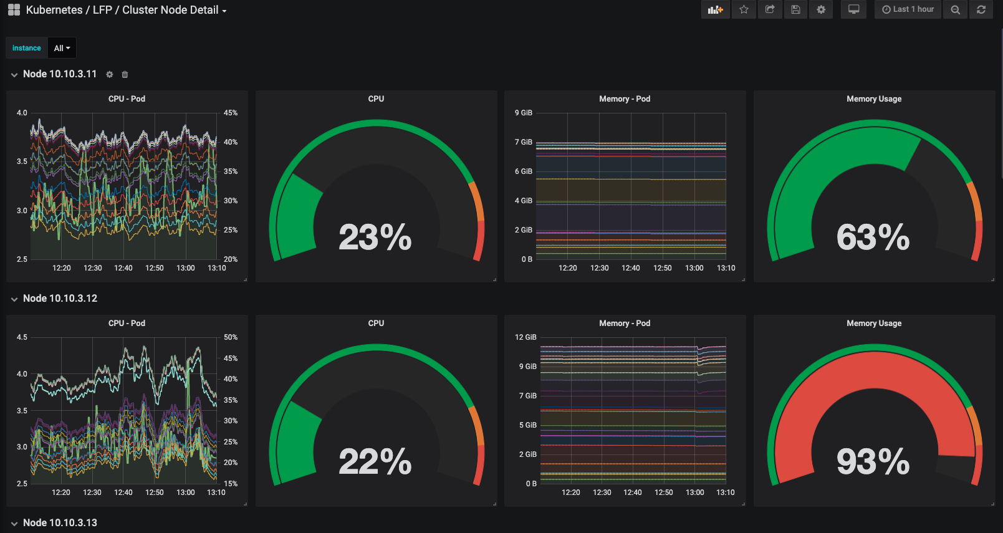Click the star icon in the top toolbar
click(x=744, y=9)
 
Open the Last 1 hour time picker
click(x=908, y=9)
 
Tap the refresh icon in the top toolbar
click(x=981, y=9)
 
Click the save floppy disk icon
click(x=795, y=9)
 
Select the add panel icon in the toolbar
click(x=715, y=9)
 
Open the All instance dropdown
click(x=62, y=48)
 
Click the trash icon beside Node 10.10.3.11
click(x=125, y=74)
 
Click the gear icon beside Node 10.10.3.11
click(x=109, y=74)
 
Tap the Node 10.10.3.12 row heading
click(x=60, y=299)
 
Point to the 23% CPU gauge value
click(x=375, y=237)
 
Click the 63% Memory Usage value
click(x=873, y=237)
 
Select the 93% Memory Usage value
click(x=873, y=461)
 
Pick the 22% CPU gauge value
click(x=375, y=461)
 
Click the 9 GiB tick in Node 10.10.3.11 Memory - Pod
click(x=524, y=113)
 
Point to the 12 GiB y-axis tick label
click(x=525, y=337)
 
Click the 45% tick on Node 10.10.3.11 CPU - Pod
click(x=231, y=113)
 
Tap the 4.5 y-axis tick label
click(x=22, y=337)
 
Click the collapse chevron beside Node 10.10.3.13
click(x=14, y=523)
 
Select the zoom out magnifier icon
click(x=955, y=9)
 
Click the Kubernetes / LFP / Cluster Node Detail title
click(x=122, y=10)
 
